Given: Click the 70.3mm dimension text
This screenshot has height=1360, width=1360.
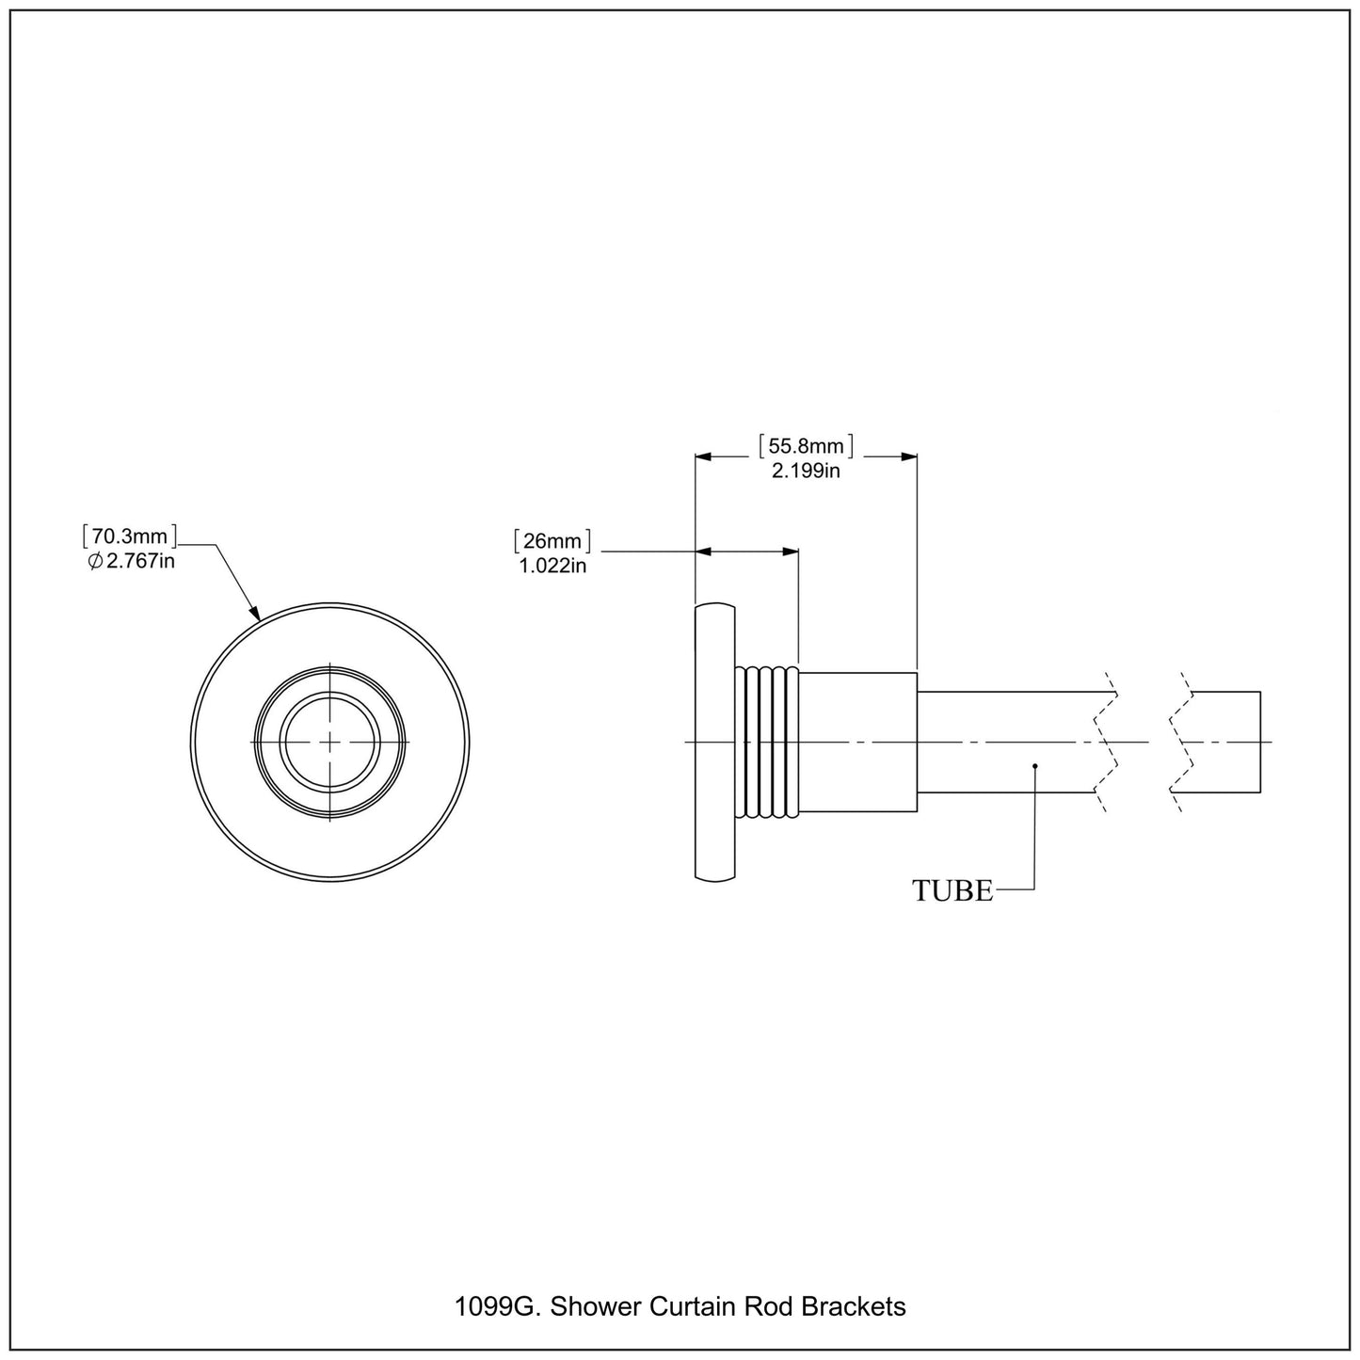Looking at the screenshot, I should click(129, 536).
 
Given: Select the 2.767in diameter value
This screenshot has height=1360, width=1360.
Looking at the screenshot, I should click(139, 562).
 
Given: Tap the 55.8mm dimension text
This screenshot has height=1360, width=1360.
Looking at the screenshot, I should click(806, 445).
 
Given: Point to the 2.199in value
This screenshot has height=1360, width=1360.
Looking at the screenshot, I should click(806, 471).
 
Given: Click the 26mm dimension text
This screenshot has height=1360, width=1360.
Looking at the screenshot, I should click(552, 541).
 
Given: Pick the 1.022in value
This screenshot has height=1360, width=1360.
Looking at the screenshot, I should click(552, 566).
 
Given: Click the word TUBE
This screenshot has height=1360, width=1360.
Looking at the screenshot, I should click(952, 890).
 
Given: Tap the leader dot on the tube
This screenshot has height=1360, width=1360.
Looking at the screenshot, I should click(1034, 766).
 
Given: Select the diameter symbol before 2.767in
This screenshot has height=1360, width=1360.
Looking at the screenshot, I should click(95, 562).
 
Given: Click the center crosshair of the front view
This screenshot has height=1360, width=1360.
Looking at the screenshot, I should click(330, 742).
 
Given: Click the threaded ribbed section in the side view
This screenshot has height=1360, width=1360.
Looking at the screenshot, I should click(767, 742).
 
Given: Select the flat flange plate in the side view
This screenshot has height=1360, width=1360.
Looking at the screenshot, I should click(714, 742).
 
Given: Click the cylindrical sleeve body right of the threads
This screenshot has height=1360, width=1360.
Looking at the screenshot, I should click(857, 742).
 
